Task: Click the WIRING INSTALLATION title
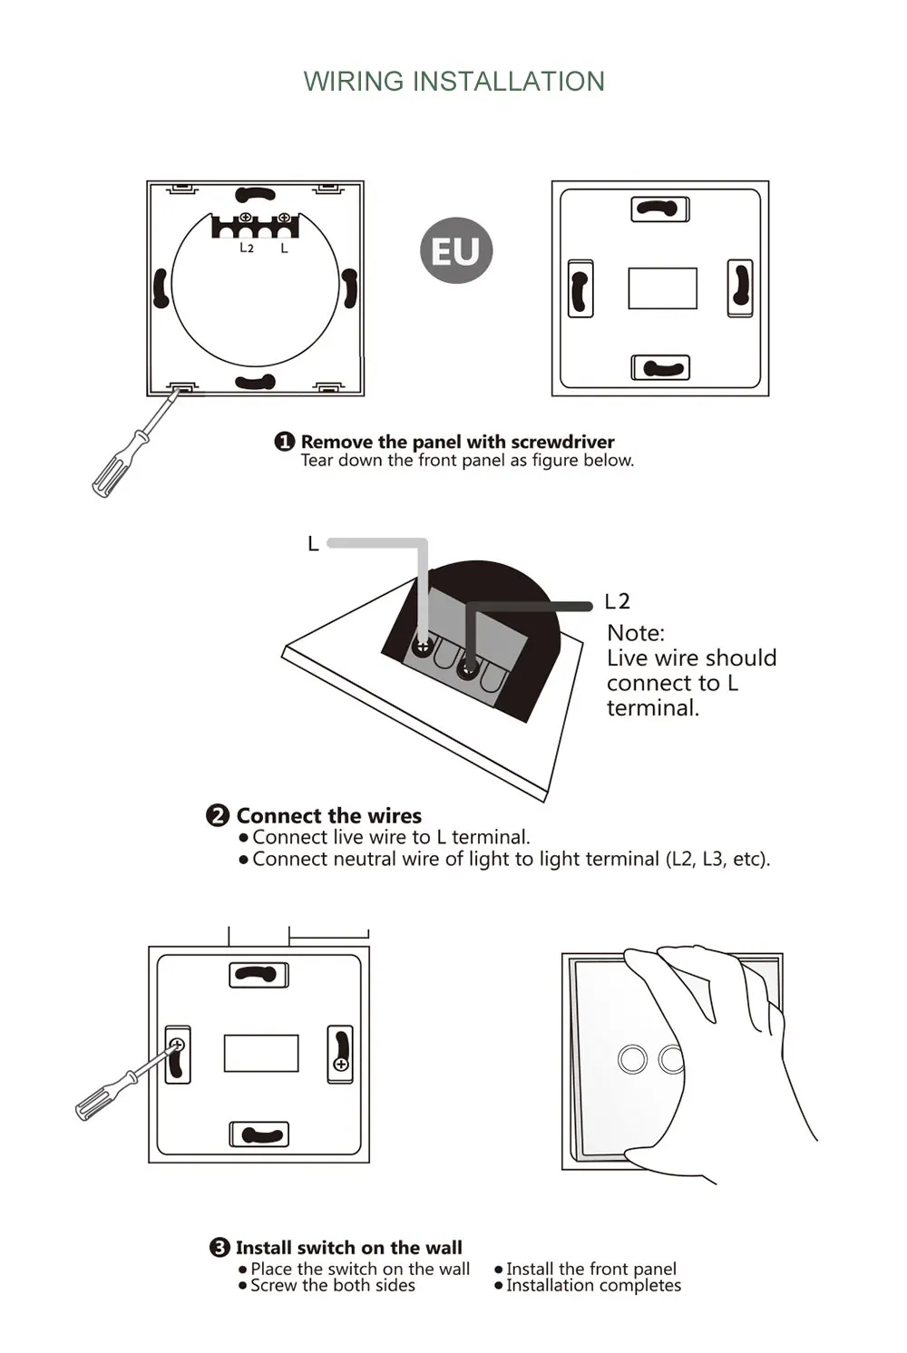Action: pyautogui.click(x=453, y=81)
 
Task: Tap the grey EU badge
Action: pyautogui.click(x=456, y=250)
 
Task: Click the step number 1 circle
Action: pyautogui.click(x=285, y=442)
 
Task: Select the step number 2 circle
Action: pyautogui.click(x=219, y=815)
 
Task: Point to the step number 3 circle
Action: pyautogui.click(x=219, y=1247)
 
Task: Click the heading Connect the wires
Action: pyautogui.click(x=328, y=815)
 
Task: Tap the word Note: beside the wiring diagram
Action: pyautogui.click(x=636, y=632)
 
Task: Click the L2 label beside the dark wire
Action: pyautogui.click(x=617, y=601)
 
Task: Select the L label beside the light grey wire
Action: pyautogui.click(x=313, y=543)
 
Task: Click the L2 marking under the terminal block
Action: pyautogui.click(x=247, y=248)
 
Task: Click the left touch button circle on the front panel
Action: pyautogui.click(x=633, y=1059)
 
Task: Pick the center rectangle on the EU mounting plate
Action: pyautogui.click(x=662, y=288)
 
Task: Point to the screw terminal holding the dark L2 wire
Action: pyautogui.click(x=468, y=669)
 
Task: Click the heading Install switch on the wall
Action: pyautogui.click(x=348, y=1247)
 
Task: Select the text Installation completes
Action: pyautogui.click(x=593, y=1285)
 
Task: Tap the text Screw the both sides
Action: pyautogui.click(x=333, y=1285)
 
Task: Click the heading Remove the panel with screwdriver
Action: pyautogui.click(x=457, y=442)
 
